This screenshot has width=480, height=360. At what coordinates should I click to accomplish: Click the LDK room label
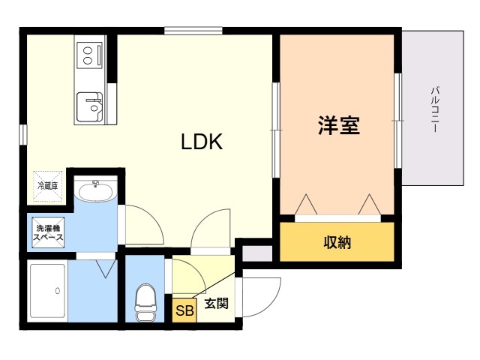click(x=202, y=142)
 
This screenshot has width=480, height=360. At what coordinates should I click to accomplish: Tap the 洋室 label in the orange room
click(x=338, y=125)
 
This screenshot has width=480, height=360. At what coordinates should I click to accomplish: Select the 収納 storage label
click(x=337, y=242)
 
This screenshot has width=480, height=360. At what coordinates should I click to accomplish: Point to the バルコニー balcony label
click(x=435, y=110)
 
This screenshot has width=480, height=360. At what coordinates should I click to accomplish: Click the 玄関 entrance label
click(x=217, y=303)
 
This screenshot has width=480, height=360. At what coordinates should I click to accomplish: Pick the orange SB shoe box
click(x=184, y=310)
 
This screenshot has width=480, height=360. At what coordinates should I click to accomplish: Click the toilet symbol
click(x=145, y=302)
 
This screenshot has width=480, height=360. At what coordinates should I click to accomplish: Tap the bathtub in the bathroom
click(x=48, y=291)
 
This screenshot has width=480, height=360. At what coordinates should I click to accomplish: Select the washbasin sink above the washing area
click(x=96, y=192)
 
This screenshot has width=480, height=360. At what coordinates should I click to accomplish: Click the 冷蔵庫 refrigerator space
click(x=48, y=186)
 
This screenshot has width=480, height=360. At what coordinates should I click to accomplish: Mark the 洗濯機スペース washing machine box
click(x=48, y=232)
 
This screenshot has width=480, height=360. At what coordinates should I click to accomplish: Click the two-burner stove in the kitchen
click(x=90, y=55)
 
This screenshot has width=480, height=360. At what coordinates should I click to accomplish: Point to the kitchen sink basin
click(x=90, y=106)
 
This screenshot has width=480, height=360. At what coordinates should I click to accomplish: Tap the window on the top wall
click(x=193, y=31)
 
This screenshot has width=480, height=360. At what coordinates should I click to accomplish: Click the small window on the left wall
click(x=23, y=134)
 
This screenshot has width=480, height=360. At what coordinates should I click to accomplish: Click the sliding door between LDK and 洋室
click(x=276, y=130)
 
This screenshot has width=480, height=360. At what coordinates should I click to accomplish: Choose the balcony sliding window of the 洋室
click(x=397, y=121)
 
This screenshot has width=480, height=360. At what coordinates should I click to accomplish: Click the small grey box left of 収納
click(x=257, y=253)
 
